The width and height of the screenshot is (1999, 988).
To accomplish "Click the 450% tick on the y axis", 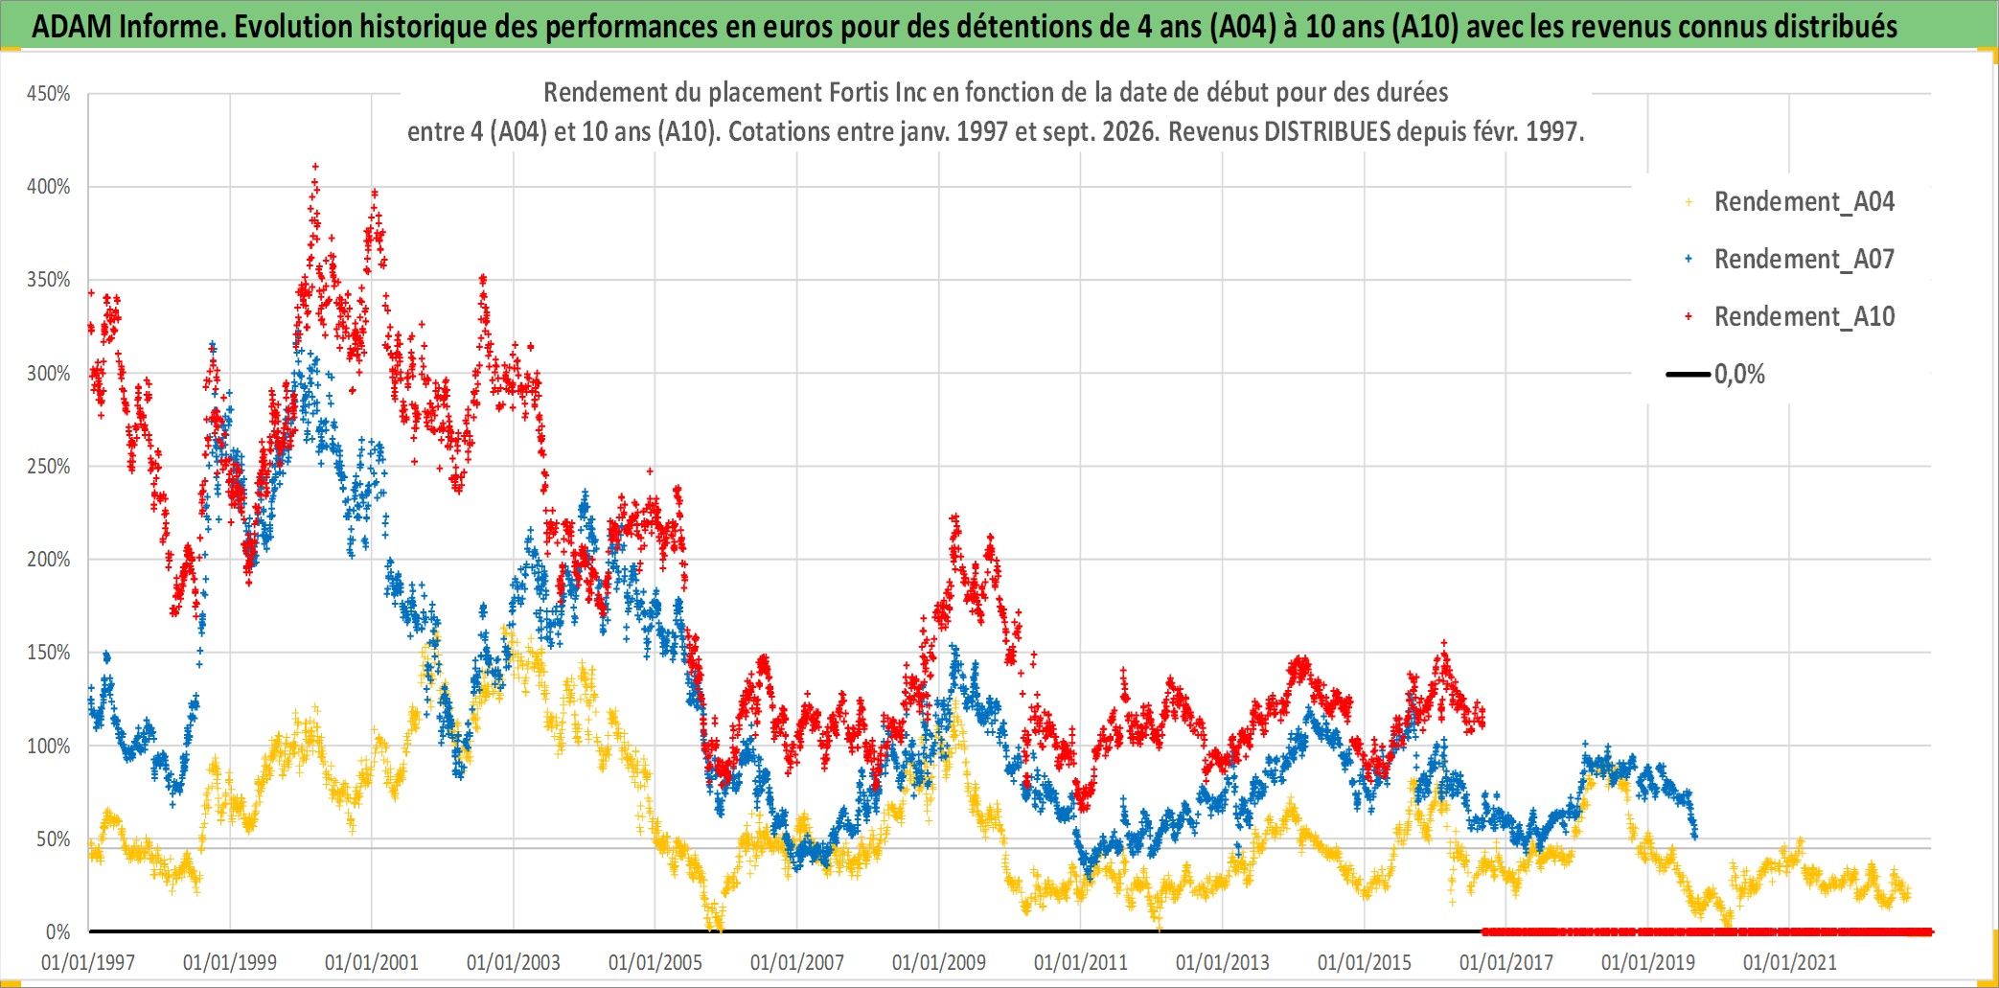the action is [48, 94].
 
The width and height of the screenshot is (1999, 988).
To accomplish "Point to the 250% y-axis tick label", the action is [48, 467].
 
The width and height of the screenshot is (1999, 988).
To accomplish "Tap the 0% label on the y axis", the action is [57, 931].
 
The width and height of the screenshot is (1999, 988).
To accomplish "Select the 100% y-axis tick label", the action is [48, 746].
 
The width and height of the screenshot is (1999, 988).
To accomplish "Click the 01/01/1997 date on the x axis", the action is [88, 962].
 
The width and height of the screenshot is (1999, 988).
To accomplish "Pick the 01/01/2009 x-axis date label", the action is [939, 962].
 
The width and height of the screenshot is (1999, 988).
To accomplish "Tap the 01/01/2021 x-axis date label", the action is [1790, 962].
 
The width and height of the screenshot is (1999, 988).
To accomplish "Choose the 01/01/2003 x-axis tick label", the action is [514, 962].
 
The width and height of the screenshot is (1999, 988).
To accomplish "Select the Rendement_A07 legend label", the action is [1804, 260].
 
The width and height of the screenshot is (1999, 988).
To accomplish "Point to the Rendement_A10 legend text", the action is [1804, 317].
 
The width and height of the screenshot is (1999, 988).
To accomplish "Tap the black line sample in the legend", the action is [1689, 374].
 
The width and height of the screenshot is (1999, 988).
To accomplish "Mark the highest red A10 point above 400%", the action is [315, 167].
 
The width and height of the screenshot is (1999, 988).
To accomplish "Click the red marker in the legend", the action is [1689, 316].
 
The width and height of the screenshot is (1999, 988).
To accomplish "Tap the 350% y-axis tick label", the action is [48, 280].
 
